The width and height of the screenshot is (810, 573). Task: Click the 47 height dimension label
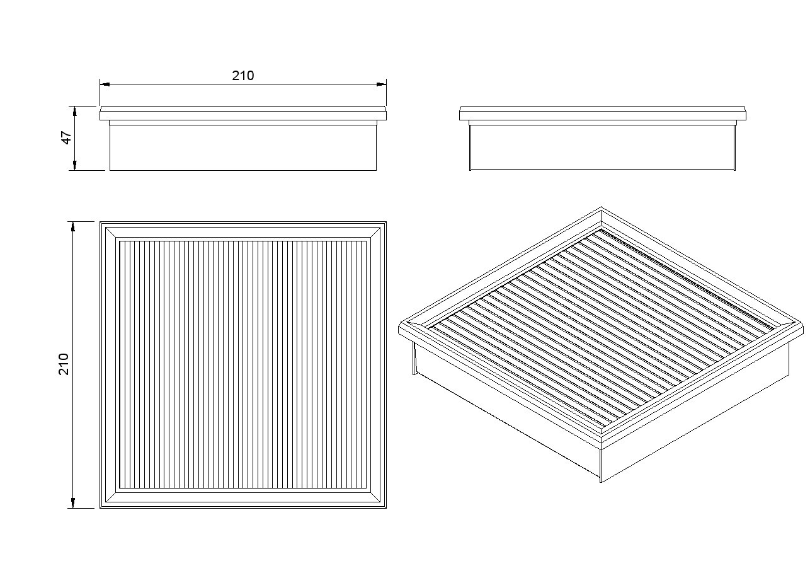(67, 137)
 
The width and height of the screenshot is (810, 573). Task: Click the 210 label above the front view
(243, 76)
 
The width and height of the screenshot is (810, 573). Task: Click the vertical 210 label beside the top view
(64, 364)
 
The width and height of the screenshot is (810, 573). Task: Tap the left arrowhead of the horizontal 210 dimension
(105, 84)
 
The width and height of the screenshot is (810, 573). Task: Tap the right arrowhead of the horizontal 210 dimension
(382, 84)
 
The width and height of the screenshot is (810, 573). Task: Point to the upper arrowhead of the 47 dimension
(75, 111)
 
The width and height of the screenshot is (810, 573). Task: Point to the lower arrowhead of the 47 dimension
(75, 165)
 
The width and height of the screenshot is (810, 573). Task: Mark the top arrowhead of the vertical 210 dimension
(73, 226)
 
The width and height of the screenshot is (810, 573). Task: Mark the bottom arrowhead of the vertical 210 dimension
(73, 503)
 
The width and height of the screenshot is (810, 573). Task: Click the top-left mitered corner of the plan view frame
(111, 233)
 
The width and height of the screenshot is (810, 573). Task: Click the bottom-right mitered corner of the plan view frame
(375, 497)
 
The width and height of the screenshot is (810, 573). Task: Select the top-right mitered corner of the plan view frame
(375, 233)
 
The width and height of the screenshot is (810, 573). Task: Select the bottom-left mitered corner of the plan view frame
(111, 497)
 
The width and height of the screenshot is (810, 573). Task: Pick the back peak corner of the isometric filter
(601, 207)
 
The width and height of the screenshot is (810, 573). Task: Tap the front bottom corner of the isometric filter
(601, 482)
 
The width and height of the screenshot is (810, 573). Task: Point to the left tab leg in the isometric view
(414, 358)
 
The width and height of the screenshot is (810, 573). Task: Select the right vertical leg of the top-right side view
(734, 148)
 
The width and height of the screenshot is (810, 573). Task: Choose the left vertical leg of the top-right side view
(470, 148)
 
